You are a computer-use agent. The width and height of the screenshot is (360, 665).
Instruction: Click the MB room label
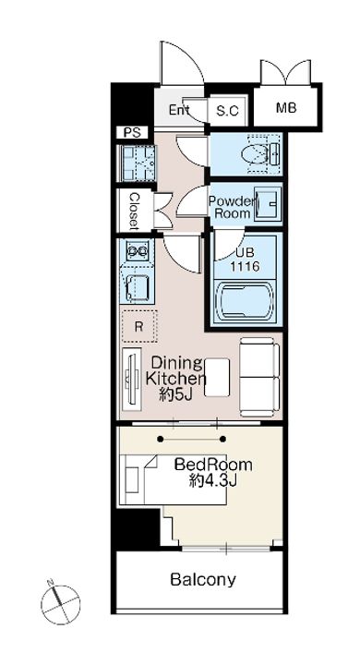tap(286, 108)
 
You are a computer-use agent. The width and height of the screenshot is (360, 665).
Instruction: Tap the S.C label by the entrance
tap(228, 111)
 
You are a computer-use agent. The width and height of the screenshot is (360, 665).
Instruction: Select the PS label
tap(132, 133)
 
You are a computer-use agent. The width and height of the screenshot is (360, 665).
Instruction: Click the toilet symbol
tap(259, 153)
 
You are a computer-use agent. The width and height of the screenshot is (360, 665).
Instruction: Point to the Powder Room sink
tap(267, 205)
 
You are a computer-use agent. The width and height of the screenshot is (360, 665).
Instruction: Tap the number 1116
tap(245, 267)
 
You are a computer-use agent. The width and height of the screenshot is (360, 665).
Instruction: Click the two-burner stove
tap(137, 250)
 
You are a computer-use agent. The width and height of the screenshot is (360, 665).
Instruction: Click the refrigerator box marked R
tap(139, 326)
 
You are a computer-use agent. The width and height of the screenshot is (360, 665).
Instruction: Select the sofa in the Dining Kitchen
tap(259, 377)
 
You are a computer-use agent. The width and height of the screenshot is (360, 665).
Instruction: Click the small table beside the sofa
tap(217, 378)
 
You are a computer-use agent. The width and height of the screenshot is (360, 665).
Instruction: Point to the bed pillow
tap(133, 479)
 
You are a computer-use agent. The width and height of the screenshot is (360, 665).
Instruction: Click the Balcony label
tap(203, 579)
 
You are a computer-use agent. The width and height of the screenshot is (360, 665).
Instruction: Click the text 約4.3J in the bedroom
tap(213, 481)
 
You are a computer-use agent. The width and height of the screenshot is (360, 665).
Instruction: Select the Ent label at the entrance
tap(179, 110)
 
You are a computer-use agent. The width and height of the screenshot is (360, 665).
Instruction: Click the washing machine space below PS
tap(137, 163)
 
